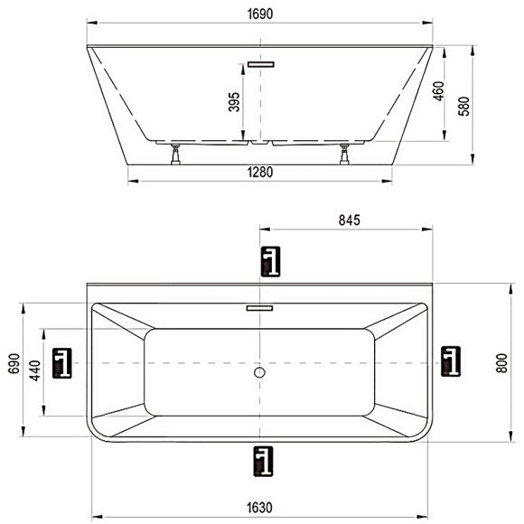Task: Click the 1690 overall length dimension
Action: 260,14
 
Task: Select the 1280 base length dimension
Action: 260,173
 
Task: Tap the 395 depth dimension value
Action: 234,102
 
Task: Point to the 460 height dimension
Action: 438,91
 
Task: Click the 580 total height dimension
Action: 463,107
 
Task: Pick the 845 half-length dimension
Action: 350,220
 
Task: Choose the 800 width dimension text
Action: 502,363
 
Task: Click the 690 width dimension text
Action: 14,363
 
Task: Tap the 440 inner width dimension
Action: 35,370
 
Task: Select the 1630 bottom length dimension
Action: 259,508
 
